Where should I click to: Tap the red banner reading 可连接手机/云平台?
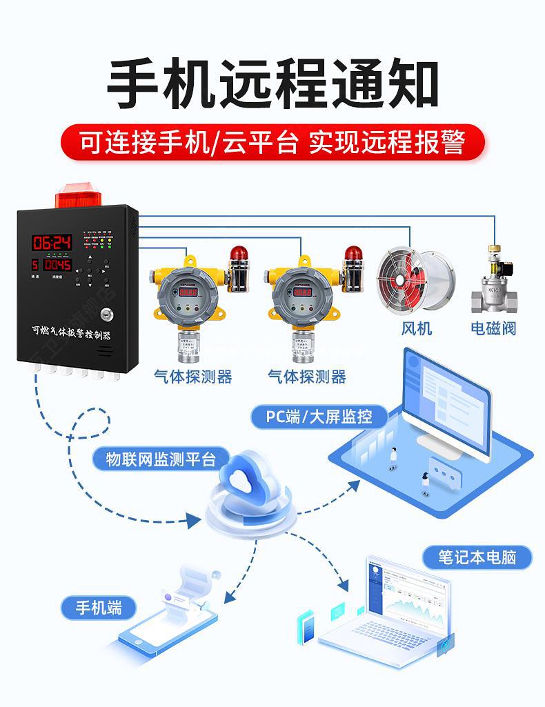[272, 143]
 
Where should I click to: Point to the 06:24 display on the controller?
[52, 242]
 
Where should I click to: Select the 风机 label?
[416, 328]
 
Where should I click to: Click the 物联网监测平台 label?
[161, 459]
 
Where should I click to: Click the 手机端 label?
[98, 608]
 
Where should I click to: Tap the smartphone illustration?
[166, 635]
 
